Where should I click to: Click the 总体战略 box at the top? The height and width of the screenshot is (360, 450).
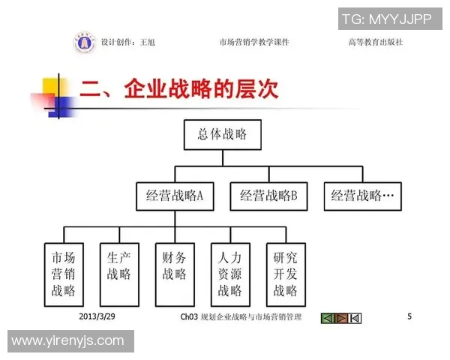(221, 135)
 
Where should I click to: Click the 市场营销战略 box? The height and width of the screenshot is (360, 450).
(64, 274)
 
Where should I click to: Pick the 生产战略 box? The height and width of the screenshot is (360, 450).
(119, 274)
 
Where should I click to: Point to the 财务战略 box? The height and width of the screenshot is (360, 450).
(175, 274)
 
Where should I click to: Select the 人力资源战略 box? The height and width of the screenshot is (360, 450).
(230, 274)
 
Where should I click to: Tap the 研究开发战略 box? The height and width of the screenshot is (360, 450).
(285, 274)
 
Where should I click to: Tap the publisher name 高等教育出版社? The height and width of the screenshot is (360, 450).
(375, 43)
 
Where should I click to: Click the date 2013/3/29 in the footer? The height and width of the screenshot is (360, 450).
(96, 317)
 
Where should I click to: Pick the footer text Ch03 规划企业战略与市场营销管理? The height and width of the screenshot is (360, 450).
(241, 318)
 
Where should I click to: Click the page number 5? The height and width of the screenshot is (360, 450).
(409, 316)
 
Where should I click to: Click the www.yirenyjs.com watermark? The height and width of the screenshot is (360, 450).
(67, 341)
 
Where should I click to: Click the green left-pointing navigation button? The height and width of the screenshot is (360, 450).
(327, 318)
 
